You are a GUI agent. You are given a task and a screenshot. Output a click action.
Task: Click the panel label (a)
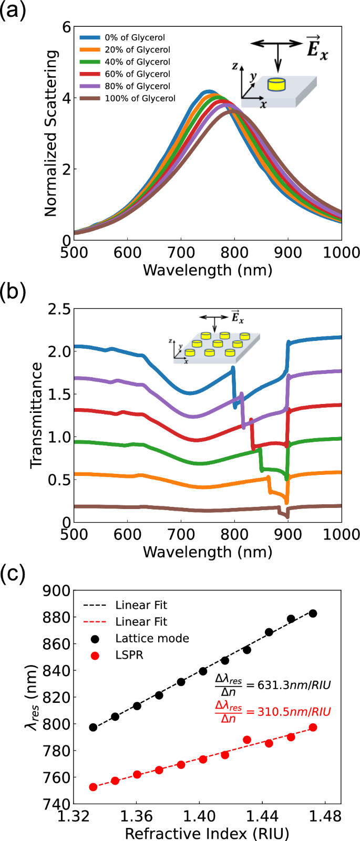[12, 10]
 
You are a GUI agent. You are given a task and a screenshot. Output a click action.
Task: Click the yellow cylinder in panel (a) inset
[276, 84]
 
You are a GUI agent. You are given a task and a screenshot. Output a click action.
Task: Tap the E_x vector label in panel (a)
[316, 48]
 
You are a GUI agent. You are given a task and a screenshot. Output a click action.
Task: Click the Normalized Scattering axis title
[51, 133]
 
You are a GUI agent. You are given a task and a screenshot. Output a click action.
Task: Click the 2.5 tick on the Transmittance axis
[59, 309]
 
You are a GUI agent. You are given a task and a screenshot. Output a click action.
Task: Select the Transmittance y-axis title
[36, 415]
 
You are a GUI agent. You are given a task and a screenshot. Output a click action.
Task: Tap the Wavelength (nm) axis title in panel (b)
[208, 552]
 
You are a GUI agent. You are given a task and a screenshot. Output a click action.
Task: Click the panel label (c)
[12, 574]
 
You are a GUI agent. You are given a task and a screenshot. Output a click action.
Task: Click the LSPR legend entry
[129, 655]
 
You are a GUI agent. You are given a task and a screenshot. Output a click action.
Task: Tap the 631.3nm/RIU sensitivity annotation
[273, 684]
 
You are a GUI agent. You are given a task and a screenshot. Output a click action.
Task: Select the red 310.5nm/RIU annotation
[273, 712]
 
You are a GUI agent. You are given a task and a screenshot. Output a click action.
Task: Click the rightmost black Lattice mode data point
[313, 614]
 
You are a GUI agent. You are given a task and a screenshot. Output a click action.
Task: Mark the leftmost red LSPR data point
[93, 787]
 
